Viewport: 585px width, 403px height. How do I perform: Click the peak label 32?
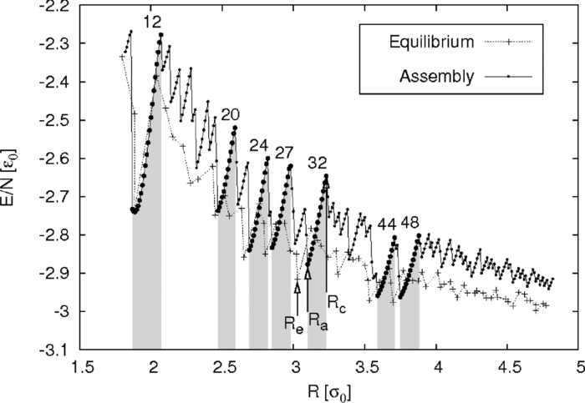(318, 161)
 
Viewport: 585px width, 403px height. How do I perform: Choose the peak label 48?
(409, 224)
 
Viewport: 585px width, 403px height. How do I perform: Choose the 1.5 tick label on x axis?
(82, 367)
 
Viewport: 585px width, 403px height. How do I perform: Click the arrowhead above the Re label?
(298, 287)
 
